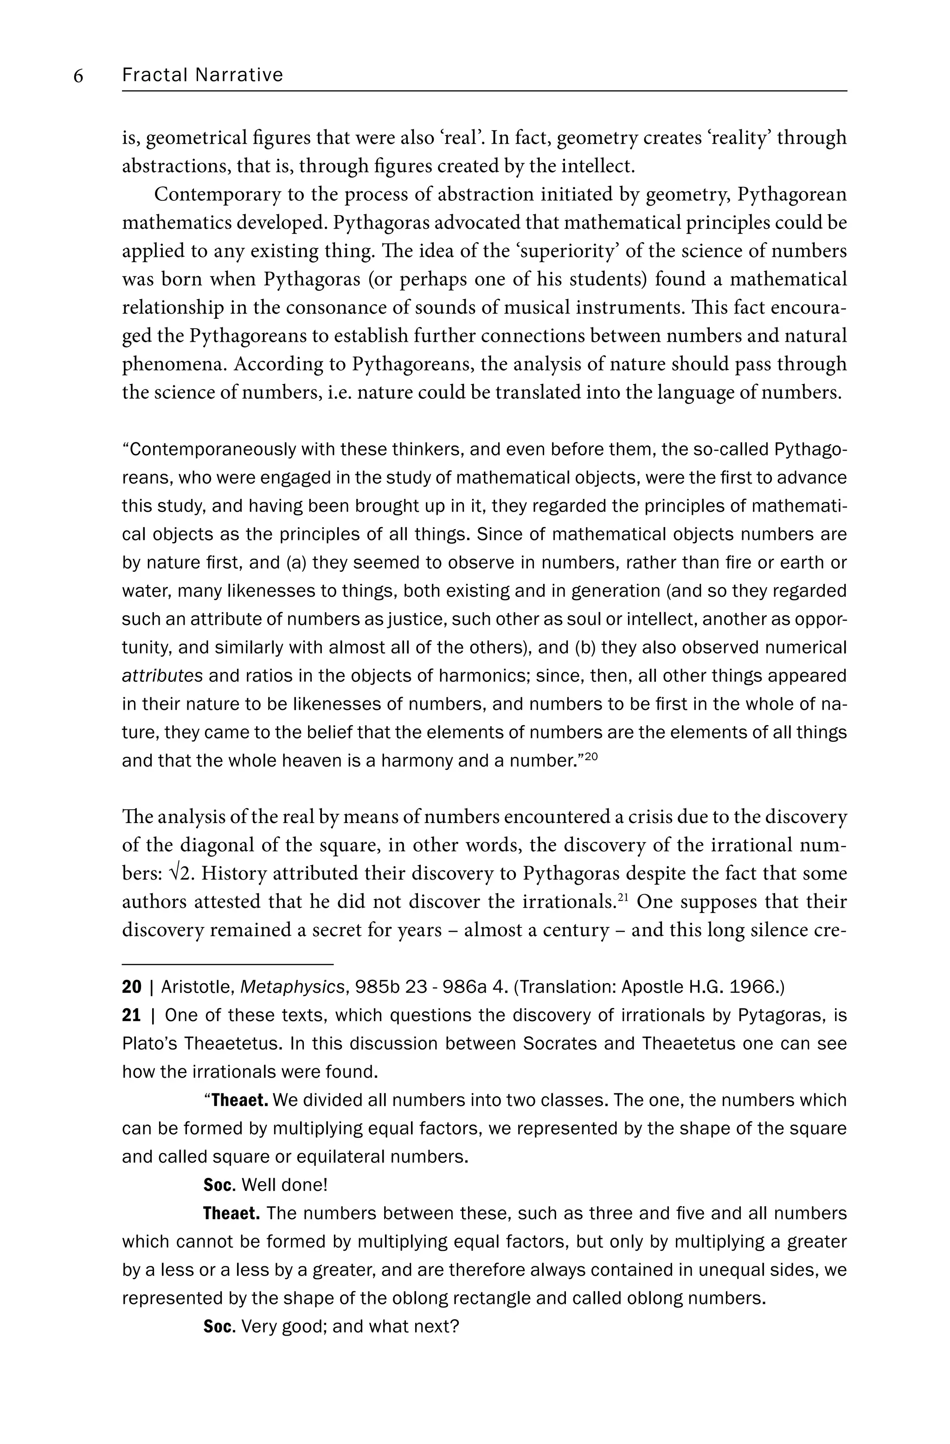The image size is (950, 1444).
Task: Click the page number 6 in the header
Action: tap(78, 76)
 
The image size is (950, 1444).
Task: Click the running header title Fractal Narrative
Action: tap(202, 75)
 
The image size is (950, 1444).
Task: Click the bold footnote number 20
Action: tap(131, 987)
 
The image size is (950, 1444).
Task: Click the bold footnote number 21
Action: tap(131, 1015)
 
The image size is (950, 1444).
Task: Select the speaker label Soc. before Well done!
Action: tap(219, 1185)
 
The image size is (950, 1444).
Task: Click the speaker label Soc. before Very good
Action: tap(219, 1326)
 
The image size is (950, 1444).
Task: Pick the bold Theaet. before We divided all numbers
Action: tap(240, 1100)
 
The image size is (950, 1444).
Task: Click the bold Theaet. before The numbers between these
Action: tap(232, 1214)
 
